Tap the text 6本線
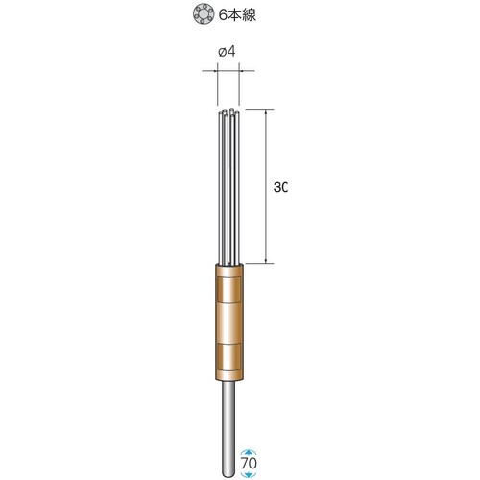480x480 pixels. tap(237, 15)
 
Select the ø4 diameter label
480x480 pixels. tap(227, 51)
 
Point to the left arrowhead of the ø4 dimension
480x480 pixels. tap(214, 70)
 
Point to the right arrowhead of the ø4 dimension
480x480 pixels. tap(242, 70)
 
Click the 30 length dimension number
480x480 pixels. tap(280, 187)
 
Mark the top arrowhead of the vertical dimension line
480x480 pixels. tap(266, 113)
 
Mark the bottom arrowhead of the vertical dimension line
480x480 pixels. tap(266, 260)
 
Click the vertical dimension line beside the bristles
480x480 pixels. tap(266, 187)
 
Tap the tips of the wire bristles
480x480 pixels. tap(228, 112)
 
